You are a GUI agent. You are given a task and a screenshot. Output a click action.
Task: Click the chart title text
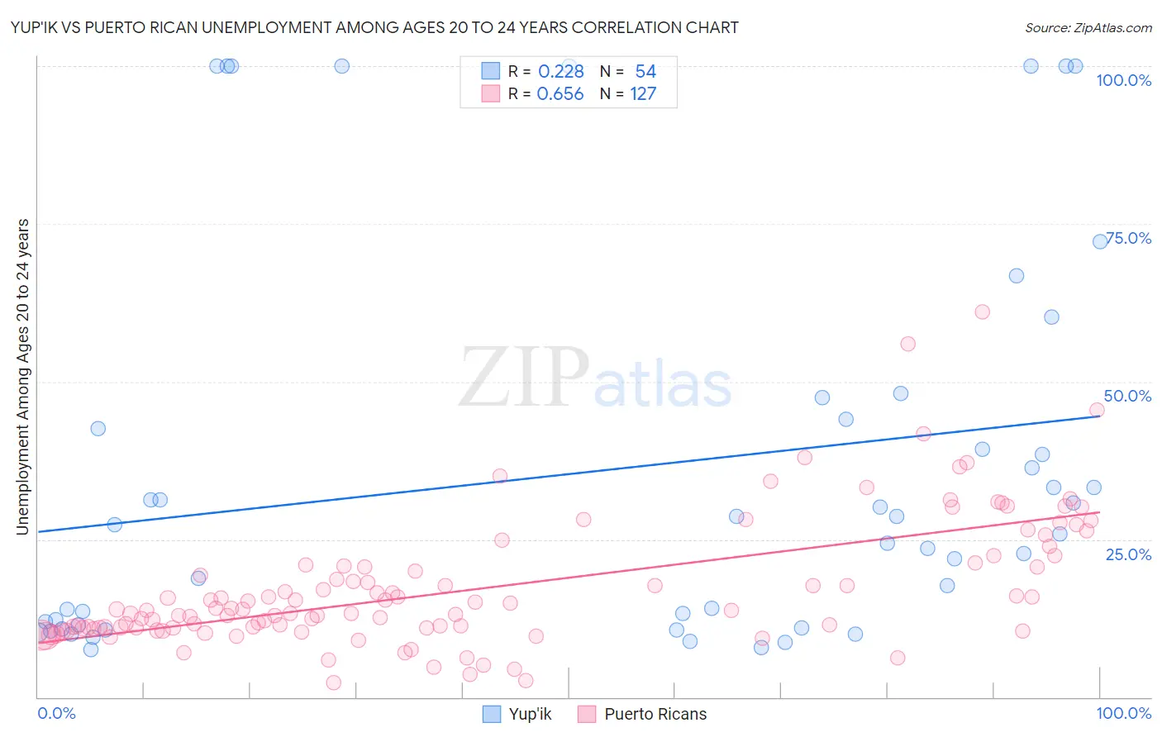tap(374, 27)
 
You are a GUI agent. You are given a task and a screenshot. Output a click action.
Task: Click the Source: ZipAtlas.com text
tap(1088, 27)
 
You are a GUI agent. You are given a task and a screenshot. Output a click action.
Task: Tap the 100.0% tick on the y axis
tap(1123, 80)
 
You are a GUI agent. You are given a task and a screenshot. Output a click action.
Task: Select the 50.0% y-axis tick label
tap(1127, 396)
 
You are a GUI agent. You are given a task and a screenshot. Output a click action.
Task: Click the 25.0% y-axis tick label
tap(1128, 554)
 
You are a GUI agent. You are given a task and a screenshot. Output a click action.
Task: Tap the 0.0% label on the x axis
tap(56, 713)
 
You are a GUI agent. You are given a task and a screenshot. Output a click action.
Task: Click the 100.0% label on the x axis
tap(1123, 713)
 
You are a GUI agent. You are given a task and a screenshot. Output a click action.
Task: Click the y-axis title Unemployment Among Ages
tap(23, 377)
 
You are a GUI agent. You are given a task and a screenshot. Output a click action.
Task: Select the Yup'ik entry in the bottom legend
tap(529, 714)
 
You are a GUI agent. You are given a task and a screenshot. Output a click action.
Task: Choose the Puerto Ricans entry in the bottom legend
tap(655, 714)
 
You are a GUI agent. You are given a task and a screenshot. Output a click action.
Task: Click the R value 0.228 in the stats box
tap(560, 71)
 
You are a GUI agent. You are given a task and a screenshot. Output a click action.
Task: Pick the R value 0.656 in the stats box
tap(560, 93)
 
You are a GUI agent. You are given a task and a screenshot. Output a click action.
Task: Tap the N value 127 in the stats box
tap(643, 93)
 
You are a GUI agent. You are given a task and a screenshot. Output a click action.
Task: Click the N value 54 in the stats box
tap(645, 71)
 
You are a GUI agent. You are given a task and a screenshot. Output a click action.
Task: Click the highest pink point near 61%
tap(982, 311)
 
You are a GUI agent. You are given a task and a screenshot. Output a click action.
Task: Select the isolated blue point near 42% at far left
tap(98, 428)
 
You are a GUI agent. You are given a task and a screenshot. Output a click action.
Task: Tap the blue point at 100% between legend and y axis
tap(341, 66)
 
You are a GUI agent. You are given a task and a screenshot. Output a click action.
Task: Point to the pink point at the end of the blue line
tap(1097, 410)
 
